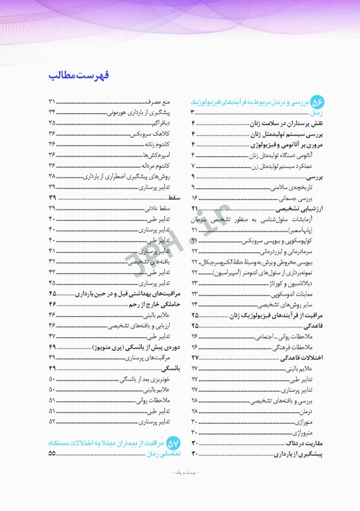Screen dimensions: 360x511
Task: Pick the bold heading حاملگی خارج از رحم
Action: pos(149,304)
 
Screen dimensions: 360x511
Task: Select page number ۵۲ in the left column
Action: pos(53,421)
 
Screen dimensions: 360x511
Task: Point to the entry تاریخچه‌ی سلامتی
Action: pos(296,188)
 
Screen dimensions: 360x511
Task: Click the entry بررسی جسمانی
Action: pos(301,198)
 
